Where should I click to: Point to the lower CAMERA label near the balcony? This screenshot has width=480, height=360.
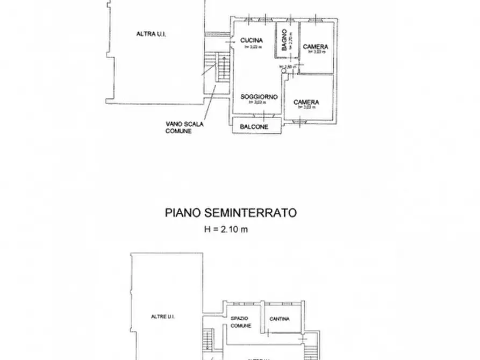(x=306, y=102)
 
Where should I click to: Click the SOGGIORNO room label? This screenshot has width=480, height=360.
(x=259, y=97)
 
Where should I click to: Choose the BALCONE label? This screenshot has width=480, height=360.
(x=255, y=127)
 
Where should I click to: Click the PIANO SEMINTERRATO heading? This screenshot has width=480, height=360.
(x=231, y=213)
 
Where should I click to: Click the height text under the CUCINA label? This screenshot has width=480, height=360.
(x=251, y=47)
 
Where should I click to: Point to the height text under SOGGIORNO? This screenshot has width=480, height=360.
(x=259, y=103)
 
